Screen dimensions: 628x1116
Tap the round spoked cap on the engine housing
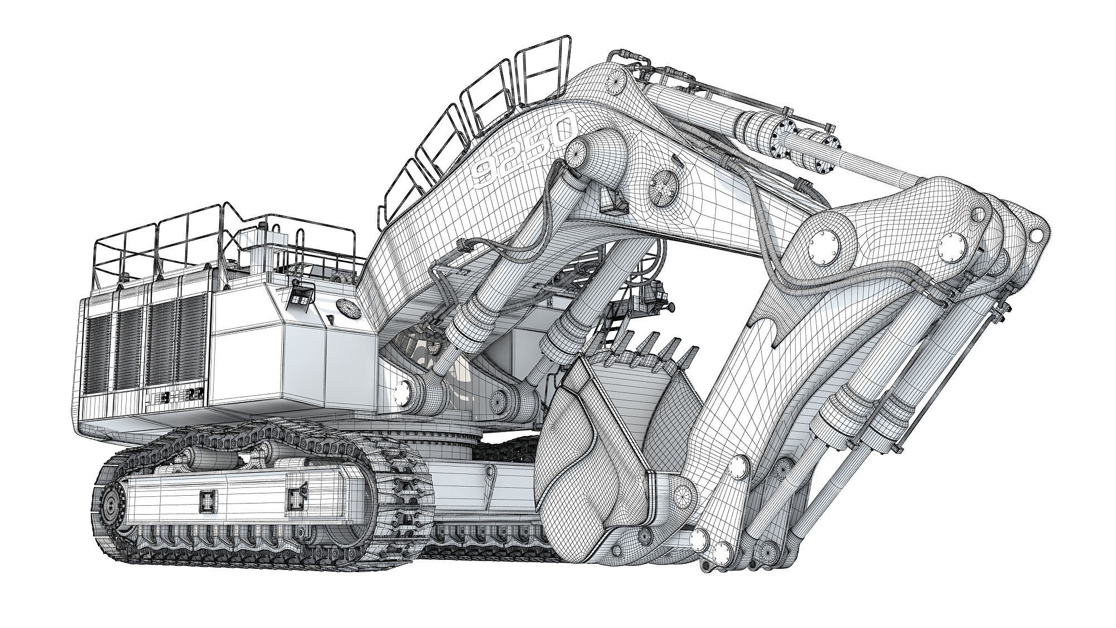(x=347, y=308)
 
